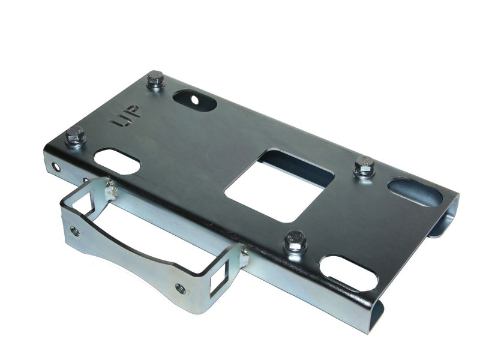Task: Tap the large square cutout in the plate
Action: [x=279, y=185]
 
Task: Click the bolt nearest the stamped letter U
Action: [x=75, y=136]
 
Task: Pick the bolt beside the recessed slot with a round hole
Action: [x=155, y=79]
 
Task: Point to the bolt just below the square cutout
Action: [x=295, y=241]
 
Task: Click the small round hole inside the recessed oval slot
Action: [x=194, y=100]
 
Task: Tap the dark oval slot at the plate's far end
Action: [x=415, y=192]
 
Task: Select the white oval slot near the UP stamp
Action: [x=117, y=161]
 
